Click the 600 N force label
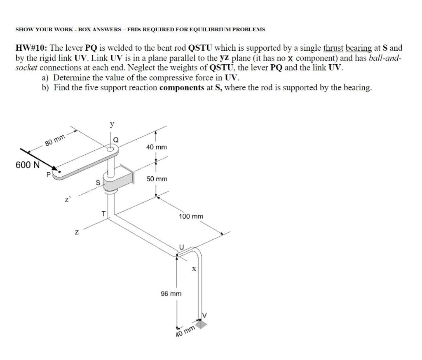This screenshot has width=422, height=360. coord(28,165)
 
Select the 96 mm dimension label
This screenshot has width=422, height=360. coord(171,294)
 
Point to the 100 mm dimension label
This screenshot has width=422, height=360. coord(191,216)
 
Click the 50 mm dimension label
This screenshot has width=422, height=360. coord(157,179)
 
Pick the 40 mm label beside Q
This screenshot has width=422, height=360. coord(157,147)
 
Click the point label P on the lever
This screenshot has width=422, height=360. coord(49,174)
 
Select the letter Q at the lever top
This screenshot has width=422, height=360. coord(116,140)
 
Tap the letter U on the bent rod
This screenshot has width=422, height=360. coord(181,247)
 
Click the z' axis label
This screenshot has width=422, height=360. coord(67,200)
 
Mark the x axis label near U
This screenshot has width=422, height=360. coord(193,269)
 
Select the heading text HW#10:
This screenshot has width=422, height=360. coord(31,48)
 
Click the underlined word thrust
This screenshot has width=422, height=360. coord(333,48)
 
